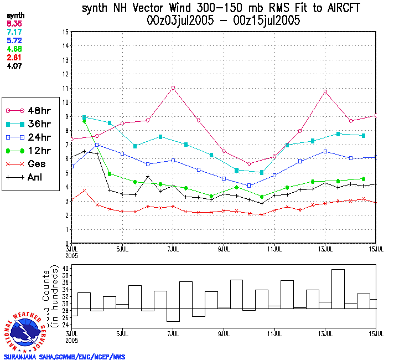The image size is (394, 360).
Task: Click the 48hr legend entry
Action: coord(28,110)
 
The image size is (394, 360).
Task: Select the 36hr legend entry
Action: coord(28,124)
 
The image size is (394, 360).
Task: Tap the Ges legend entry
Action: coord(28,164)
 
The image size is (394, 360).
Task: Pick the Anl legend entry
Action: coord(28,178)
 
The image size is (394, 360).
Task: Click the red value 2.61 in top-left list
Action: coord(14,57)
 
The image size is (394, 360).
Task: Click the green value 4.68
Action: coord(14,49)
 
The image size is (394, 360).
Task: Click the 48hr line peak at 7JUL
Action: coord(173,88)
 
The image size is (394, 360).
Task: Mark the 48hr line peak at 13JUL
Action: coord(325,91)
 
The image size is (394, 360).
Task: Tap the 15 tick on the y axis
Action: coord(65,32)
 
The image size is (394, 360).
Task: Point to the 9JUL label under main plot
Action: coord(224,249)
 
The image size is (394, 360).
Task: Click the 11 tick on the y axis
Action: coord(65,88)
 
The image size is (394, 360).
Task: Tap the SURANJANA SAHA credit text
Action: coord(64,357)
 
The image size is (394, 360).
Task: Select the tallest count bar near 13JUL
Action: coord(338,288)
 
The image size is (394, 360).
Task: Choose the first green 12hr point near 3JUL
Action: coord(84,121)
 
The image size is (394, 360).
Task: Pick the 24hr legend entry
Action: coord(28,137)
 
